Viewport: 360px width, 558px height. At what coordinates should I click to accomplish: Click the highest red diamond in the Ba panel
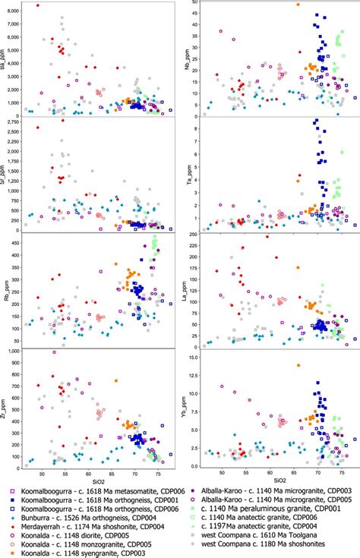[x=38, y=6]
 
